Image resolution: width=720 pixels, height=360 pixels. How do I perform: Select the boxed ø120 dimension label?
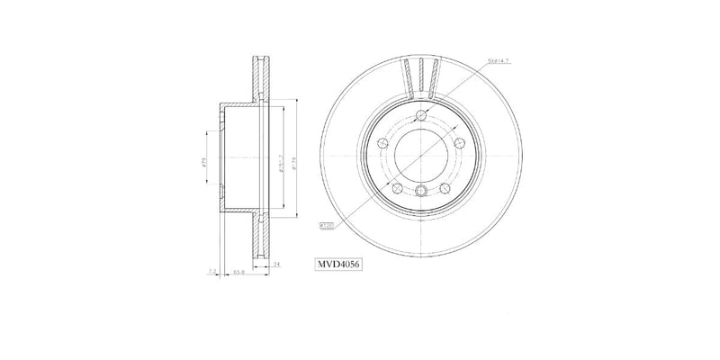pyautogui.click(x=325, y=226)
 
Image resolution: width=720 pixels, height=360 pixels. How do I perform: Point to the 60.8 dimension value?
pyautogui.click(x=239, y=270)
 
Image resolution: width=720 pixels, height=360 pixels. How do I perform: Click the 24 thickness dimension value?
pyautogui.click(x=275, y=264)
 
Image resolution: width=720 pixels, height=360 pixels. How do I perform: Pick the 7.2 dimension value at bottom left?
pyautogui.click(x=211, y=270)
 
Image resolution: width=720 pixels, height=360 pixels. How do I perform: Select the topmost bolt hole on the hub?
pyautogui.click(x=421, y=114)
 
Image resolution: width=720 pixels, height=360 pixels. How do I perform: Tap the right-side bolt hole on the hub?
pyautogui.click(x=460, y=144)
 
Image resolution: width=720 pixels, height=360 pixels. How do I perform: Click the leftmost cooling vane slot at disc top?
pyautogui.click(x=407, y=76)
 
